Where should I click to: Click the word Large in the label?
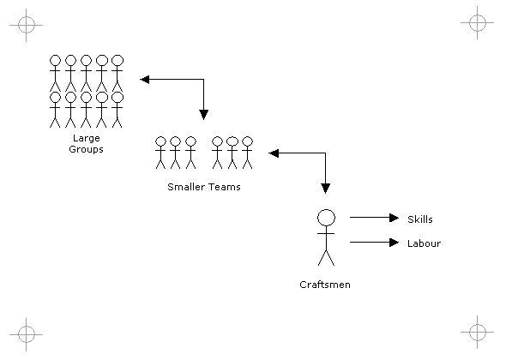pyautogui.click(x=86, y=139)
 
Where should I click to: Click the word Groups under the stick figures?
pyautogui.click(x=86, y=149)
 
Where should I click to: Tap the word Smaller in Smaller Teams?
pyautogui.click(x=185, y=187)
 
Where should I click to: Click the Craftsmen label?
pyautogui.click(x=325, y=285)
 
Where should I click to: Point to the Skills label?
pyautogui.click(x=420, y=219)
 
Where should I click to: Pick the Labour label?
pyautogui.click(x=424, y=243)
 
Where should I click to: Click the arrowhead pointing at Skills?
pyautogui.click(x=394, y=218)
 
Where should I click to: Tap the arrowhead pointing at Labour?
pyautogui.click(x=394, y=243)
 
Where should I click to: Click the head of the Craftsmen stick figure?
pyautogui.click(x=326, y=218)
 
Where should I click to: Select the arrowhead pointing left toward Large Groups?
pyautogui.click(x=145, y=80)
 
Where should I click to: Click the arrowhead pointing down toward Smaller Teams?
pyautogui.click(x=203, y=115)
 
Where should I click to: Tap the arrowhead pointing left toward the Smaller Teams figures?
pyautogui.click(x=274, y=153)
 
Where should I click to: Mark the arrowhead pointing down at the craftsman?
pyautogui.click(x=325, y=189)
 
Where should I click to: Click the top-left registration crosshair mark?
pyautogui.click(x=26, y=25)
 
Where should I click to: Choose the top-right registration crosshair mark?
pyautogui.click(x=478, y=23)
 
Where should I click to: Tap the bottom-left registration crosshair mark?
pyautogui.click(x=26, y=334)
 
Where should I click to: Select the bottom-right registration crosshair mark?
pyautogui.click(x=478, y=332)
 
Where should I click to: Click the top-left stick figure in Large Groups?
pyautogui.click(x=55, y=73)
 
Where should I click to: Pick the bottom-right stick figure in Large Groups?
pyautogui.click(x=117, y=110)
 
